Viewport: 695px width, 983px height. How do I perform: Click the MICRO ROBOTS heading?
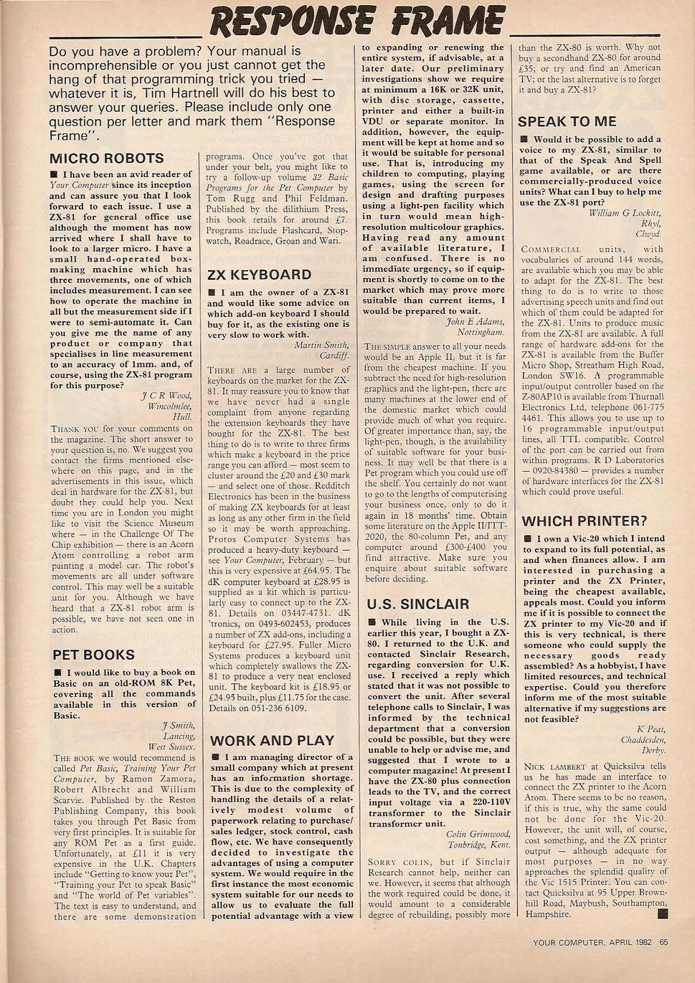(107, 158)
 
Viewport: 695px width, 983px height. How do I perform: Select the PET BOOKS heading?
(93, 655)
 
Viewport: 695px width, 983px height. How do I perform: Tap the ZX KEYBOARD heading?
(259, 275)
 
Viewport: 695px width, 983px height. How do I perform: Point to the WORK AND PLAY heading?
(272, 741)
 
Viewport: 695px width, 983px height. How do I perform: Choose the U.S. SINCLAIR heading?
(417, 604)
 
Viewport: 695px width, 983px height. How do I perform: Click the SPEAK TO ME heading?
(567, 122)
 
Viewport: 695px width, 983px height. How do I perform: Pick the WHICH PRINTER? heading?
(584, 521)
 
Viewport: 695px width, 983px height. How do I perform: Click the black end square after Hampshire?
(662, 913)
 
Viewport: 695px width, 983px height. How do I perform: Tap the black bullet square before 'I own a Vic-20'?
(527, 538)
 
